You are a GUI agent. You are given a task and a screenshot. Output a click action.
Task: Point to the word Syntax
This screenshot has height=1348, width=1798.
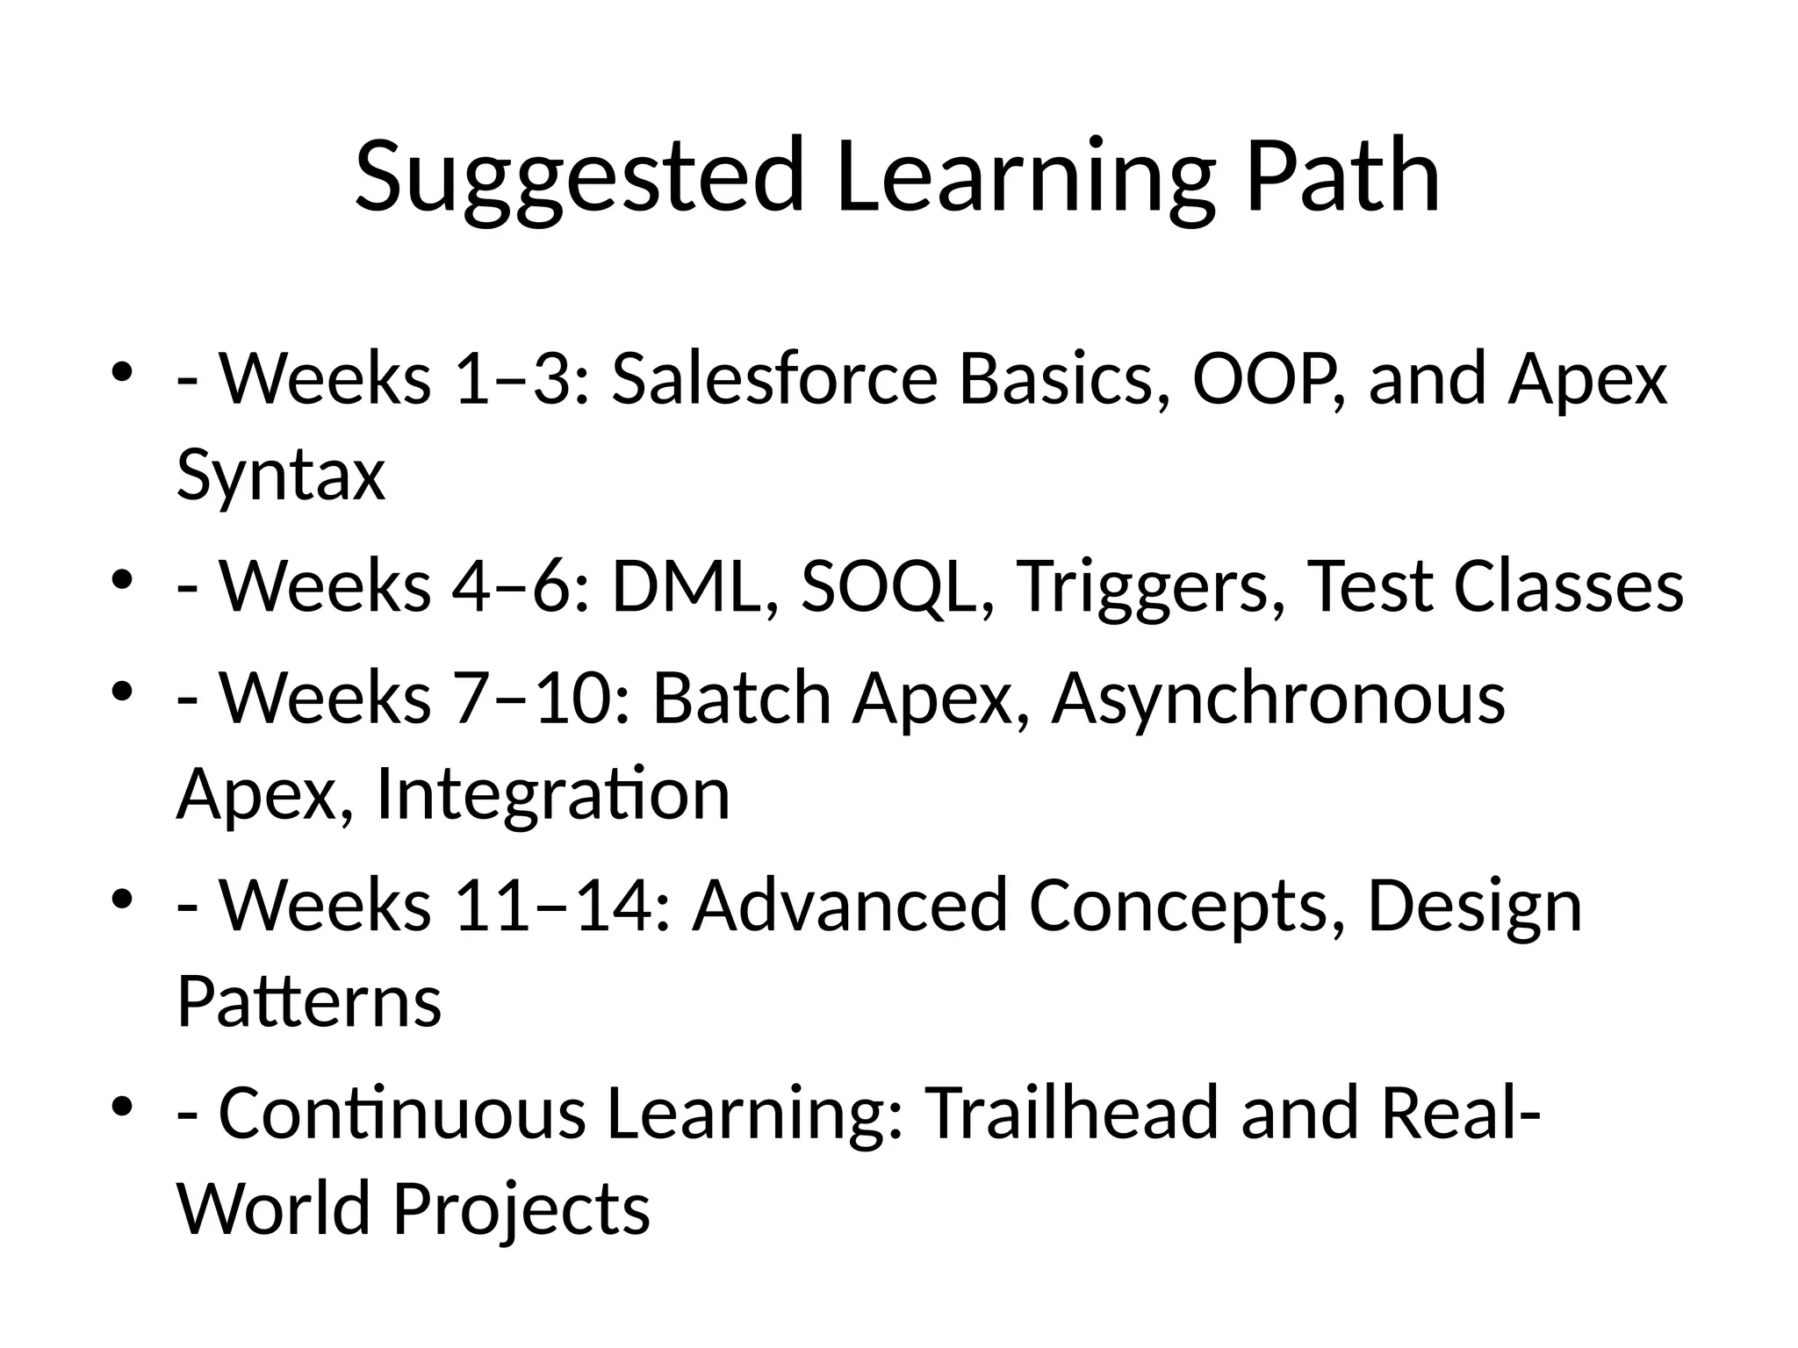281,476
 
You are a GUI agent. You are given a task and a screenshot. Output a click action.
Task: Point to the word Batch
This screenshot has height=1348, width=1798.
742,698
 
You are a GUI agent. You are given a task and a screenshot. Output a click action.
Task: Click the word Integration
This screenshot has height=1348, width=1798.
553,794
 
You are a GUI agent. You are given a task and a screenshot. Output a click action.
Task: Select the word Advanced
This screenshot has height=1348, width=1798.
850,905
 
